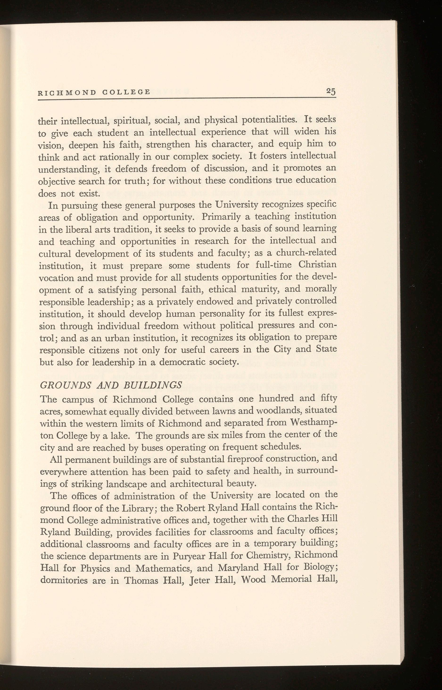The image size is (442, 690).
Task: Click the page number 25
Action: (x=331, y=92)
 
